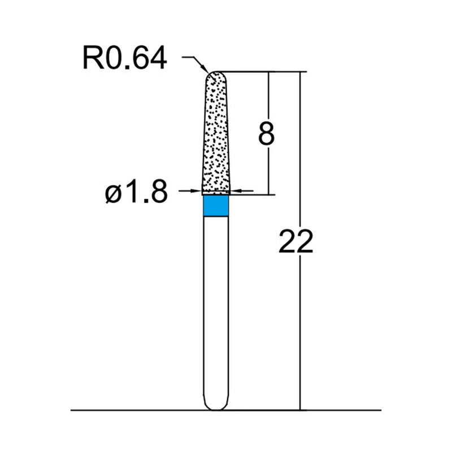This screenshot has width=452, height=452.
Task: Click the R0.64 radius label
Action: pyautogui.click(x=124, y=58)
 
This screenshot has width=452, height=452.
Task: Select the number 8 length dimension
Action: pyautogui.click(x=266, y=134)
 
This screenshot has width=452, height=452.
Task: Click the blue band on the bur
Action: pyautogui.click(x=216, y=206)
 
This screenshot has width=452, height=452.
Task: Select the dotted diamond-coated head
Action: pyautogui.click(x=216, y=136)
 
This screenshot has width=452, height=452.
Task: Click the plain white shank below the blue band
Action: pyautogui.click(x=216, y=305)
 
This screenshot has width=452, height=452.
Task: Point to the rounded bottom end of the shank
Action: pyautogui.click(x=216, y=406)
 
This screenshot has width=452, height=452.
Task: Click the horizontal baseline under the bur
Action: pyautogui.click(x=141, y=410)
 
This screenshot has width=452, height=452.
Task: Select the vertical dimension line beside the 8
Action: pyautogui.click(x=269, y=102)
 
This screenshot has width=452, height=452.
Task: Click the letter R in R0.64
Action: pyautogui.click(x=90, y=58)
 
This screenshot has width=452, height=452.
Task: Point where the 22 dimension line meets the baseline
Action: pyautogui.click(x=300, y=410)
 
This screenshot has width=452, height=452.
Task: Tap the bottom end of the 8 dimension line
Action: pyautogui.click(x=269, y=194)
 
